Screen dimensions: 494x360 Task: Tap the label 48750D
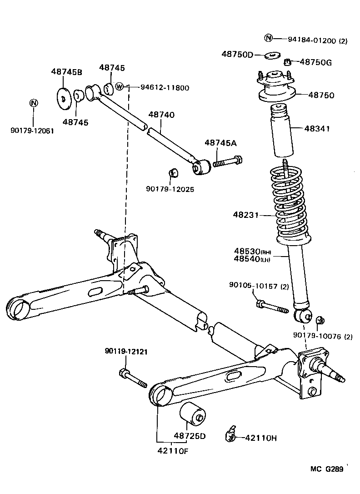[237, 54]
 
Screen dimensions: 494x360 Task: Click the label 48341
[313, 129]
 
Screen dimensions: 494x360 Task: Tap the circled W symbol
[120, 86]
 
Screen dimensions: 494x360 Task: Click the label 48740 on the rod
[161, 115]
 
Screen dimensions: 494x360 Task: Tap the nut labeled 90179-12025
[173, 173]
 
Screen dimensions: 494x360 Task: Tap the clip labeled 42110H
[230, 435]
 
